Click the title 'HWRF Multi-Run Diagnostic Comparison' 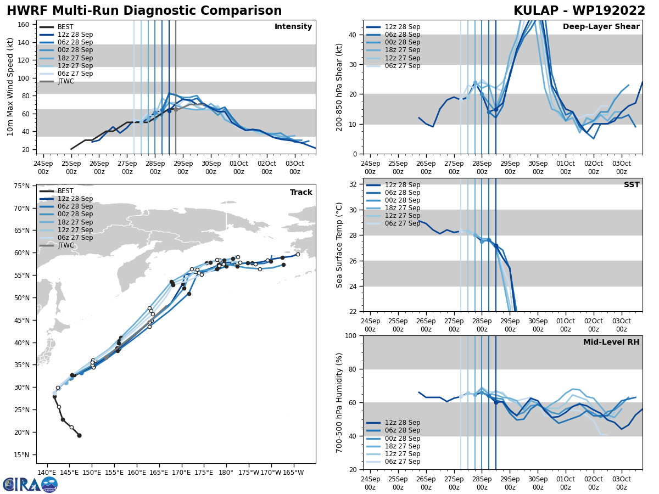(x=144, y=11)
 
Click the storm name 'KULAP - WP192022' (x=579, y=11)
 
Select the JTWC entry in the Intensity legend (x=65, y=82)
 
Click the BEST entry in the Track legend (x=65, y=191)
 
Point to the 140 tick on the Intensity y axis (x=25, y=42)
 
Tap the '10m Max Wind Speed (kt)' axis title (x=10, y=87)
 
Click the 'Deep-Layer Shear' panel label (x=601, y=27)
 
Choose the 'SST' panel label (x=632, y=185)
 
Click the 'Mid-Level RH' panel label (x=611, y=343)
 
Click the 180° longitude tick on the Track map (x=226, y=471)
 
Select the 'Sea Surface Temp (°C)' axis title (x=339, y=245)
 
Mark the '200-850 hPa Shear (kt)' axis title (x=339, y=87)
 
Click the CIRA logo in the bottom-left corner (x=30, y=484)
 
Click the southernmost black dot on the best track (x=79, y=435)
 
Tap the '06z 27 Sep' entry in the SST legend (x=401, y=223)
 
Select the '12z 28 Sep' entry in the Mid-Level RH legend (x=401, y=423)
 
